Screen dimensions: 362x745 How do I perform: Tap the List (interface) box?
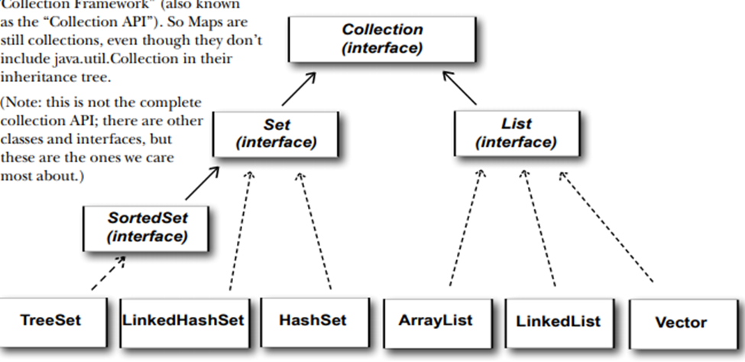tap(516, 132)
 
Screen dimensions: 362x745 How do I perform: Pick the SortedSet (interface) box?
tap(146, 227)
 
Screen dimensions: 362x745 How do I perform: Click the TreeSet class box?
tap(50, 320)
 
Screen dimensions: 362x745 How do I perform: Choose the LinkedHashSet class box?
tap(183, 320)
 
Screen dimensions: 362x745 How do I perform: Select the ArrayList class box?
tap(435, 320)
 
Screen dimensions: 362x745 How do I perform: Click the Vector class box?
tap(681, 321)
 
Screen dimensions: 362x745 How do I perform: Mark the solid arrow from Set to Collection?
tap(300, 88)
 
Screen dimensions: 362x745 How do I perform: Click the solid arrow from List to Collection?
tap(459, 88)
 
